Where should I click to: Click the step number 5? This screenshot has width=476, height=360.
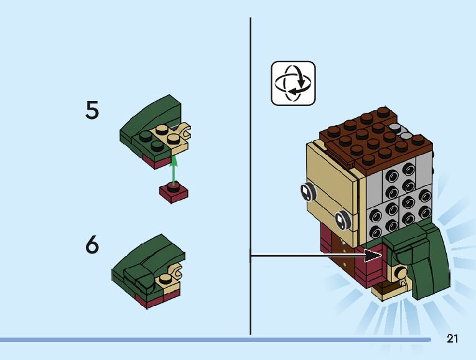[x=92, y=111]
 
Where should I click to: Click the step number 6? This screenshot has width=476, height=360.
[x=92, y=245]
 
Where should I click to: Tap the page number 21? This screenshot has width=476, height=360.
[x=452, y=339]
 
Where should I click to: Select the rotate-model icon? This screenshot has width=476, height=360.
[x=293, y=83]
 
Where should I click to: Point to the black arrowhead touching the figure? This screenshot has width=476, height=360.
[x=373, y=255]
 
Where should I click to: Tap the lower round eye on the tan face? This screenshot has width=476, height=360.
[x=342, y=219]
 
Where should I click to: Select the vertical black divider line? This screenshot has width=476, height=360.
[x=250, y=174]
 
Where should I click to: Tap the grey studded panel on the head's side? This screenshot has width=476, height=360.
[x=398, y=193]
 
